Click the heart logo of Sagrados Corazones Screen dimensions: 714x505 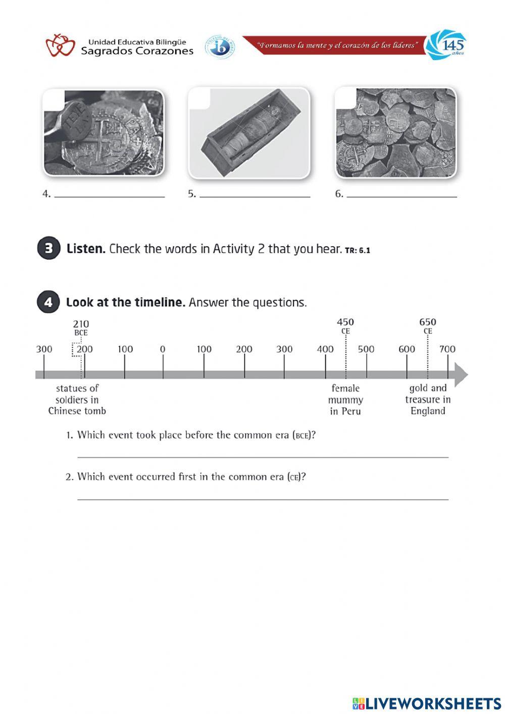coord(60,45)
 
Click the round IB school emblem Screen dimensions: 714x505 coord(219,47)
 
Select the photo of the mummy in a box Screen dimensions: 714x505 coord(248,133)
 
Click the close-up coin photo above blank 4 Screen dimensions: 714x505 coord(104,132)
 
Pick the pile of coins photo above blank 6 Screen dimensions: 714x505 coord(395,132)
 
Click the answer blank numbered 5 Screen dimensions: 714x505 coord(255,195)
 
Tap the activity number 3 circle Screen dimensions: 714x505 coord(48,249)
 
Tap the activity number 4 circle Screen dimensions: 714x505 coord(48,302)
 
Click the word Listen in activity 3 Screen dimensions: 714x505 coord(86,249)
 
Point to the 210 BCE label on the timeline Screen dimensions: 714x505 coord(81,327)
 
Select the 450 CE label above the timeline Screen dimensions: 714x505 coord(345,326)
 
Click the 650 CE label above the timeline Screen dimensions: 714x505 coord(428,326)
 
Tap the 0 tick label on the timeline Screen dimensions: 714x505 coord(163,349)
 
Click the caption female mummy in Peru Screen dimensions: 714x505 coord(345,400)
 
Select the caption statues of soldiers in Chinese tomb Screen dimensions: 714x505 coord(77,400)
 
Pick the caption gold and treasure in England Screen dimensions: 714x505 coord(428,400)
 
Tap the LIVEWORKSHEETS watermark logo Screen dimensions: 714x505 coord(427,703)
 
